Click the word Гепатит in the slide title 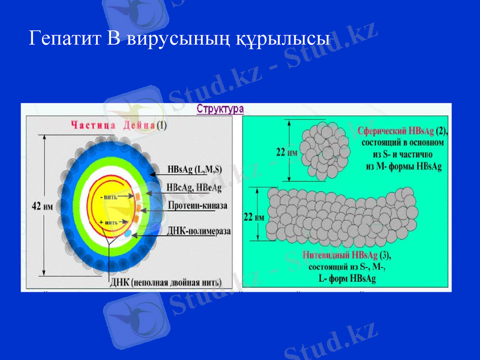[66, 40]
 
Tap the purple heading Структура [220, 109]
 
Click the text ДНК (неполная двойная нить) [165, 282]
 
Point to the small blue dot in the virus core [128, 232]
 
